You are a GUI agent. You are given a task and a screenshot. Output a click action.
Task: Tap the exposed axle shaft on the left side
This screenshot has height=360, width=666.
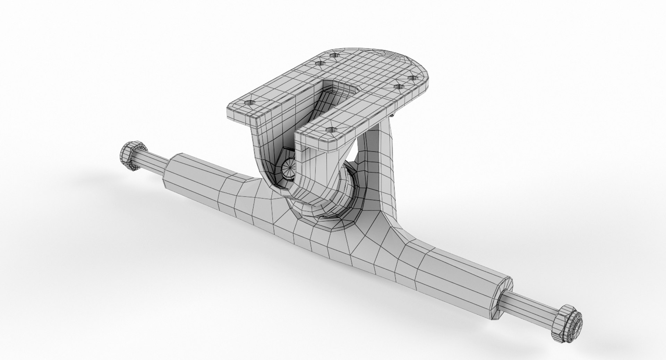pyautogui.click(x=153, y=162)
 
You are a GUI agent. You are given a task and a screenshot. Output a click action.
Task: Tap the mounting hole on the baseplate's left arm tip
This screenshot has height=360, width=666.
pyautogui.click(x=249, y=103)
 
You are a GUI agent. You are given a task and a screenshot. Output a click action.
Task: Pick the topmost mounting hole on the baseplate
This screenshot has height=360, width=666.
pyautogui.click(x=334, y=55)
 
